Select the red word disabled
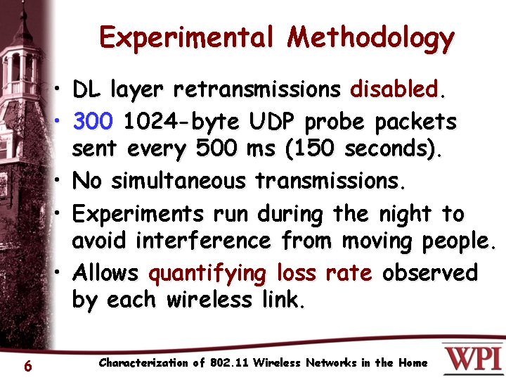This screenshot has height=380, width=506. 395,90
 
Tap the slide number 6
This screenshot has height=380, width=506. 27,365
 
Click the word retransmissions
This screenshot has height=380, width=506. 257,90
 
